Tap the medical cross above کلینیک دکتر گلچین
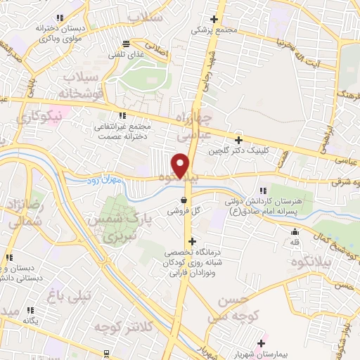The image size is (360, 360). (238, 139)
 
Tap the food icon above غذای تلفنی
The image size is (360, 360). (125, 43)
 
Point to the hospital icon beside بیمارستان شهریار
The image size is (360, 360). (262, 343)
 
